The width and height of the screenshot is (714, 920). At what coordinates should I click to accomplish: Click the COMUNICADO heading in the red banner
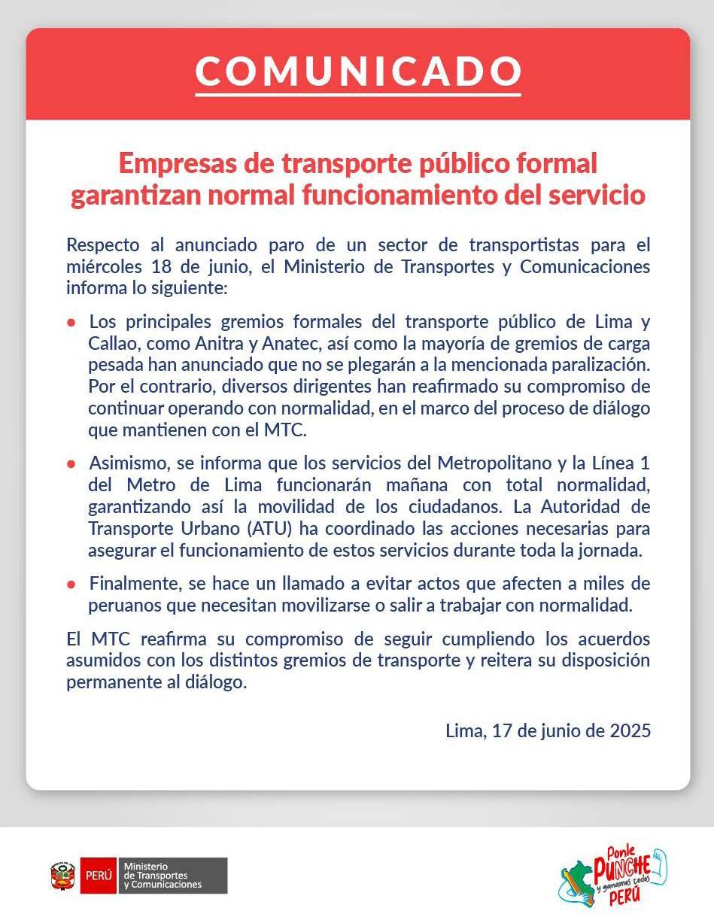coord(357,71)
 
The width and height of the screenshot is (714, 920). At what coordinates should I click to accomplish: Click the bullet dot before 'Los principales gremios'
coord(71,322)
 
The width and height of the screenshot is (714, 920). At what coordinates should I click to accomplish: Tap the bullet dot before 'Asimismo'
coord(71,463)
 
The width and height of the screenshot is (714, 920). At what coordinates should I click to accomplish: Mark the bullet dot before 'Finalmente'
coord(71,584)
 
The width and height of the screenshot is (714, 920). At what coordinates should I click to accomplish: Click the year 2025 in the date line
coord(630,730)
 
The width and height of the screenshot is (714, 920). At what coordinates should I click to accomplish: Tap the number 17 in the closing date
coord(503,730)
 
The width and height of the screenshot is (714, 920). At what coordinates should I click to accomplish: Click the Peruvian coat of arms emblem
coord(63,876)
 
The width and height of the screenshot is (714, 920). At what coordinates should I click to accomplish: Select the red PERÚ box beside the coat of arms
coord(98,876)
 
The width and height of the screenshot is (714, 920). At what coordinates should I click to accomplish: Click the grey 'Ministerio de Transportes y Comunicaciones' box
coord(172,876)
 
